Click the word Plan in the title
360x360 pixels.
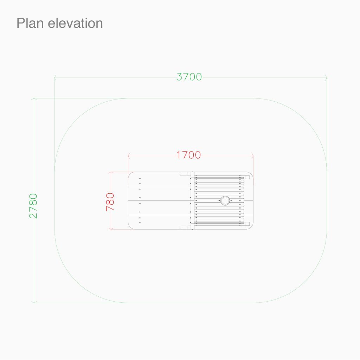[x=30, y=23]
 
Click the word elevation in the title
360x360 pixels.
[x=75, y=23]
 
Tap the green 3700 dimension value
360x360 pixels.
[x=189, y=77]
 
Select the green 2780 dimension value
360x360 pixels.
[x=33, y=206]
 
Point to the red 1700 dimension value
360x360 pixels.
[x=189, y=155]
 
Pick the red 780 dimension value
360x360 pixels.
[x=110, y=202]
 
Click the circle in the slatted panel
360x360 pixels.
[x=225, y=200]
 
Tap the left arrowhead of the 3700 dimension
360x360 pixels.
[x=56, y=78]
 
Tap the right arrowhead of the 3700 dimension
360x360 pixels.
[x=325, y=78]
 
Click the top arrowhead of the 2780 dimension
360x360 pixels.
[x=34, y=99]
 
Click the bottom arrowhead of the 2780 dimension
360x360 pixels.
[x=34, y=301]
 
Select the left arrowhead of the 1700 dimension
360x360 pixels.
[x=129, y=156]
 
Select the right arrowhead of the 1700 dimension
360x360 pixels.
[x=252, y=156]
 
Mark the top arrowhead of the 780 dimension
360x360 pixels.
[x=111, y=173]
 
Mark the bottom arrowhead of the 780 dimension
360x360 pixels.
[x=111, y=228]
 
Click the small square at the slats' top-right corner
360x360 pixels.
[x=247, y=177]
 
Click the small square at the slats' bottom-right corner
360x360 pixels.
[x=247, y=224]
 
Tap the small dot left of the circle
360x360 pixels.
[x=219, y=200]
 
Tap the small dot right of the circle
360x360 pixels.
[x=231, y=200]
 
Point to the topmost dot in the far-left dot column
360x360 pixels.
[x=140, y=178]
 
